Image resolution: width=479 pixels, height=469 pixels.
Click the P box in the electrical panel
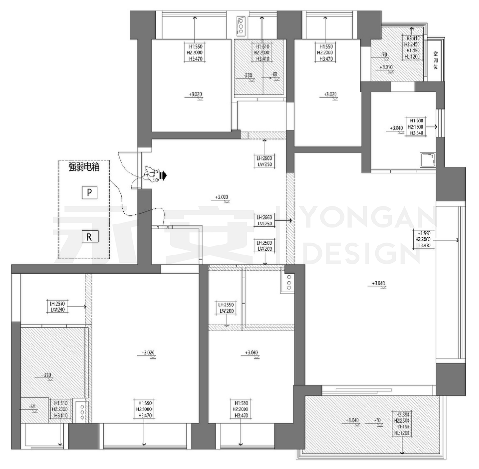[x=89, y=193]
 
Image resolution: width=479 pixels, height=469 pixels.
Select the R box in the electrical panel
[x=89, y=236]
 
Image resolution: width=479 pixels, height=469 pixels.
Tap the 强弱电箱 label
[x=84, y=167]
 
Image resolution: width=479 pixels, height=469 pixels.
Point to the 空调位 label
[x=435, y=61]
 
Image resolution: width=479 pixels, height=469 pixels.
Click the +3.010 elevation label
[x=386, y=67]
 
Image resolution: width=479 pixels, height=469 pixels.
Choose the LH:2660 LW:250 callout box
[x=264, y=220]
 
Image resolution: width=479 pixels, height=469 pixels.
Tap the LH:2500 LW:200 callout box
[x=264, y=245]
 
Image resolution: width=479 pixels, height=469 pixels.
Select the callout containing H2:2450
[x=413, y=47]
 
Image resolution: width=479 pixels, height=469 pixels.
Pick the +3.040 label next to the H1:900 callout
[x=396, y=128]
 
